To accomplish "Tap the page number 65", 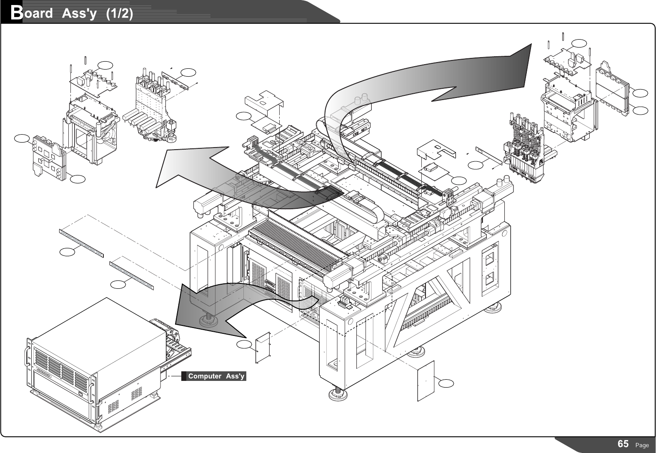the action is [623, 444].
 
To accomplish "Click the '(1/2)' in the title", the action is [120, 13].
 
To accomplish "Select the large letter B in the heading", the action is [17, 13].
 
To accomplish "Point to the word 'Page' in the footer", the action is [642, 445].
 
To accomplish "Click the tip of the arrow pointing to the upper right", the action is [531, 44].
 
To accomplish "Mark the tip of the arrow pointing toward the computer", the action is [175, 324].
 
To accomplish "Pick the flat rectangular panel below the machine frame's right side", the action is [426, 380].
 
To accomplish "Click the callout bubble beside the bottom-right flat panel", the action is [446, 383].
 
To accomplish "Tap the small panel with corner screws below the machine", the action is [263, 348].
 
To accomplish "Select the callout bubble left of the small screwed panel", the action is [244, 345].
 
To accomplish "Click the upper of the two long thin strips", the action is [81, 243].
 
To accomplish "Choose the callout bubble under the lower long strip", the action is [118, 284].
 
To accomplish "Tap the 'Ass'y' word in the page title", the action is [79, 14].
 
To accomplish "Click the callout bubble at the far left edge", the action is [22, 138].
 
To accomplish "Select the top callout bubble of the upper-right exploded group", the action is [579, 43].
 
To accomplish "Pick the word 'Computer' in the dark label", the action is [205, 376].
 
